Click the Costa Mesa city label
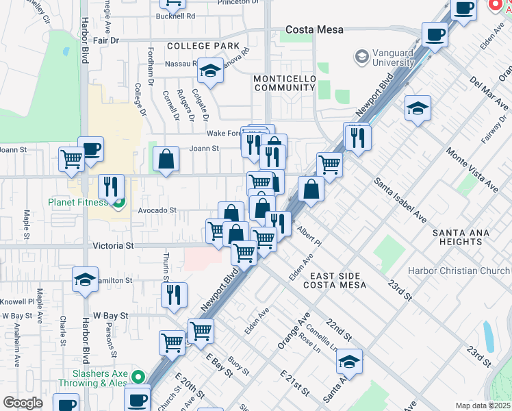click(x=314, y=30)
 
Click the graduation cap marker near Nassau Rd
click(x=210, y=70)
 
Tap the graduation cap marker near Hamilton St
click(x=86, y=279)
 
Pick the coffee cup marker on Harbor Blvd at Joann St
click(x=90, y=149)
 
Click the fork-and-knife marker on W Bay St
click(x=175, y=295)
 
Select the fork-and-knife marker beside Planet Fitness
click(x=111, y=186)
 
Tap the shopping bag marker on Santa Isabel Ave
click(x=311, y=189)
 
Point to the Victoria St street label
click(x=112, y=245)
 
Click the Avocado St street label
click(x=158, y=211)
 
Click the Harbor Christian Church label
click(x=459, y=271)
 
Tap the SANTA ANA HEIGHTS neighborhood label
click(x=461, y=237)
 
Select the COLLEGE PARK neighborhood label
click(x=198, y=46)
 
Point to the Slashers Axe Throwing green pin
click(x=138, y=377)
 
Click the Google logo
click(x=23, y=402)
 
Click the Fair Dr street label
click(x=106, y=40)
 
